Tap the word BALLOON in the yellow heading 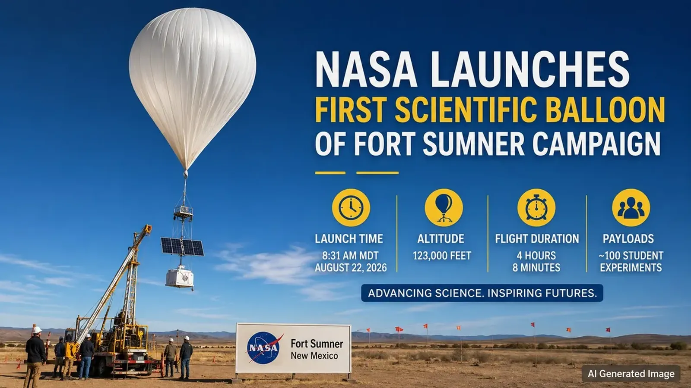(605, 110)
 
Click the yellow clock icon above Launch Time (351, 207)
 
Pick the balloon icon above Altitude (444, 207)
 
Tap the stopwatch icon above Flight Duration (536, 207)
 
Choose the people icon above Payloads (631, 207)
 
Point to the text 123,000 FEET (442, 256)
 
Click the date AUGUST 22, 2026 (351, 268)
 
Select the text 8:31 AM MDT (350, 256)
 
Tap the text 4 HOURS (536, 256)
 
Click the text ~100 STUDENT (631, 256)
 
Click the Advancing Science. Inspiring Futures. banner (482, 293)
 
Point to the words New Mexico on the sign (314, 356)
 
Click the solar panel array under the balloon (182, 246)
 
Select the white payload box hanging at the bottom (180, 278)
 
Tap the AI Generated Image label (631, 374)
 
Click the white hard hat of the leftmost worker (37, 330)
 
